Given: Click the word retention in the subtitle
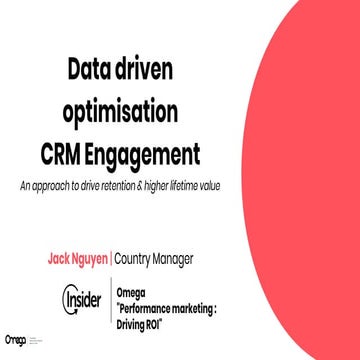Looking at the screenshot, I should pos(141,187).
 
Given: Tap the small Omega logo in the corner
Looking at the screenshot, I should pos(15,341).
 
